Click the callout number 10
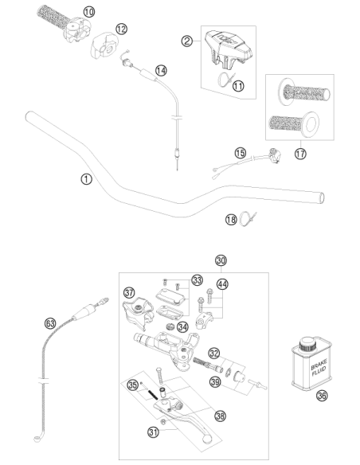click(89, 12)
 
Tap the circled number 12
click(121, 29)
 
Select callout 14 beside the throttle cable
click(161, 71)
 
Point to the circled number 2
click(187, 41)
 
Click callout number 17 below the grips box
click(300, 154)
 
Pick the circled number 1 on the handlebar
click(86, 179)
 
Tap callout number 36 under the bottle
click(322, 395)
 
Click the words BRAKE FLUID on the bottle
click(319, 368)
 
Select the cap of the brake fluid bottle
click(307, 344)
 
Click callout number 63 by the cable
click(50, 323)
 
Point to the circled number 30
click(221, 260)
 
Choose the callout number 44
click(222, 284)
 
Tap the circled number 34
click(182, 327)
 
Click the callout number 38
click(220, 416)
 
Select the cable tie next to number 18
click(248, 219)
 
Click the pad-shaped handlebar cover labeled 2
click(228, 48)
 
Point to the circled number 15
click(241, 154)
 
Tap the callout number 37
click(129, 293)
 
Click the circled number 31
click(153, 432)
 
